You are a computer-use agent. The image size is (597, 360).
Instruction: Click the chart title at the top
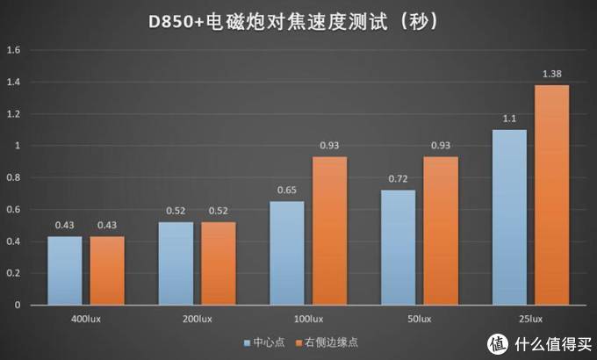pos(298,20)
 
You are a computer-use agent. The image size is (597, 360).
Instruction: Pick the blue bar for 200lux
pos(176,263)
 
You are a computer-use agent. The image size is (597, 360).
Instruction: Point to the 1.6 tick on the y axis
pos(13,50)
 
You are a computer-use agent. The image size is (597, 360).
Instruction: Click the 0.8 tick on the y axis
pos(13,177)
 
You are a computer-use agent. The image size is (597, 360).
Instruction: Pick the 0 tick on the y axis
pos(17,305)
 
